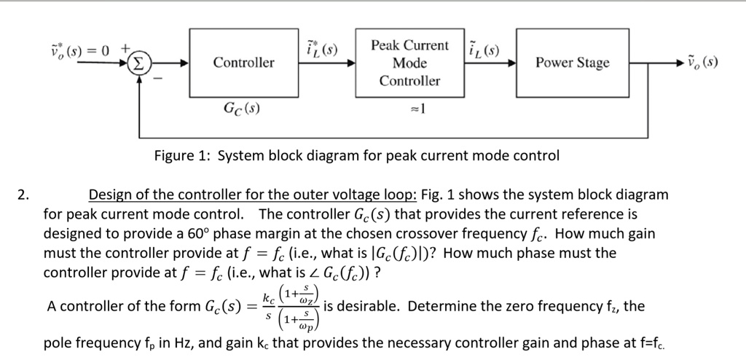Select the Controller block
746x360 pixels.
(243, 63)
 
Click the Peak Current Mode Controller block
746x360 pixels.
(409, 63)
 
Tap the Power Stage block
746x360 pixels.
(572, 63)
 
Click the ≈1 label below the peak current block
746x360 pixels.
(417, 110)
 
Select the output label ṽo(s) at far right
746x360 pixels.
(702, 63)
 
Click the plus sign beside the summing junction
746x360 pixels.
(125, 49)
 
